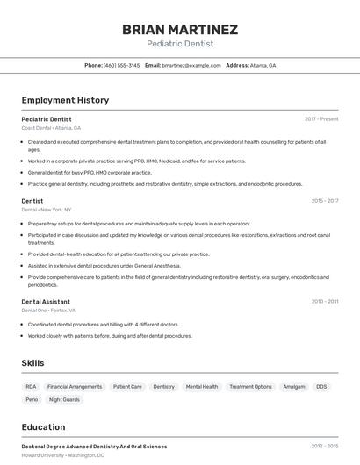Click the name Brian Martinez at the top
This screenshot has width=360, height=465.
pyautogui.click(x=180, y=29)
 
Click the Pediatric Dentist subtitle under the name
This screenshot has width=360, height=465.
pyautogui.click(x=180, y=44)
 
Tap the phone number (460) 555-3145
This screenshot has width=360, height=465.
pyautogui.click(x=121, y=65)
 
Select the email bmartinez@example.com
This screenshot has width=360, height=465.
pyautogui.click(x=191, y=65)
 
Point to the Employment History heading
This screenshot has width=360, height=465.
pyautogui.click(x=65, y=100)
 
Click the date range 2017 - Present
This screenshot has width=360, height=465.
pyautogui.click(x=321, y=119)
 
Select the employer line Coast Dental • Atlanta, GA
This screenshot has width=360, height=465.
pyautogui.click(x=51, y=128)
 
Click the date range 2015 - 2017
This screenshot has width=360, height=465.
pyautogui.click(x=324, y=201)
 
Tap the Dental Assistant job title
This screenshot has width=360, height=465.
pyautogui.click(x=46, y=302)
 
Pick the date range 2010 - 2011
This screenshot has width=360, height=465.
pyautogui.click(x=324, y=302)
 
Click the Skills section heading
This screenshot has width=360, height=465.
pyautogui.click(x=32, y=363)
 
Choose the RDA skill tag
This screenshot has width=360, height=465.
pyautogui.click(x=31, y=386)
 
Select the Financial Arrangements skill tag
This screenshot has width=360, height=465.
pyautogui.click(x=75, y=386)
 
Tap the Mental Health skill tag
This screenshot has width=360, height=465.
pyautogui.click(x=202, y=386)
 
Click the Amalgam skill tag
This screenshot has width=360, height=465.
pyautogui.click(x=294, y=386)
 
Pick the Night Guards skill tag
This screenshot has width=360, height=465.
pyautogui.click(x=64, y=399)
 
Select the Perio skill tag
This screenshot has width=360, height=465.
pyautogui.click(x=32, y=399)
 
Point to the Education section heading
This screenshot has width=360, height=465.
pyautogui.click(x=44, y=427)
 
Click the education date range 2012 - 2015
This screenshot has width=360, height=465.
pyautogui.click(x=324, y=447)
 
